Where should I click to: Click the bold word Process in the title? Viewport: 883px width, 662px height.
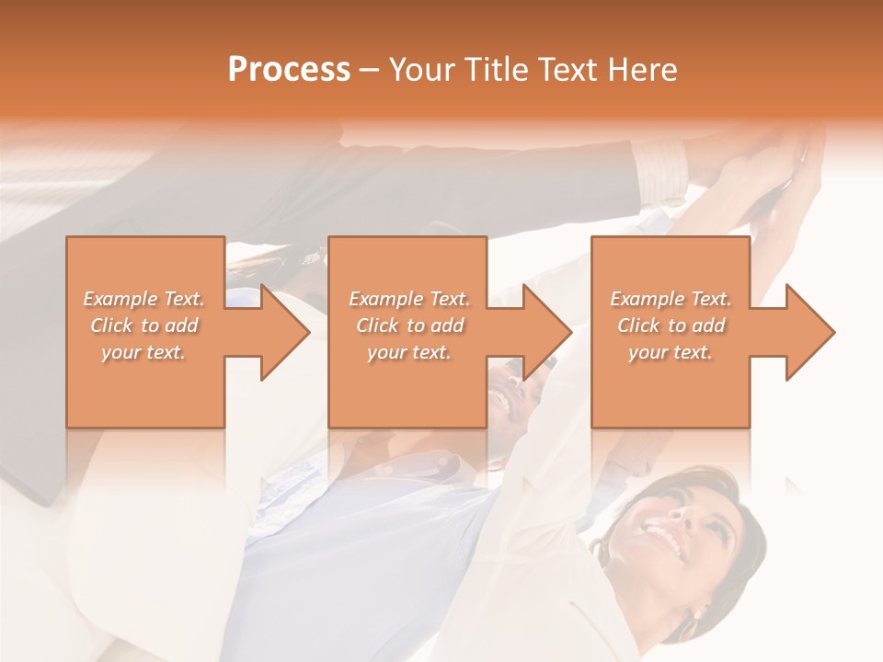tap(289, 70)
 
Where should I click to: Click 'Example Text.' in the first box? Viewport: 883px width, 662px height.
tap(144, 299)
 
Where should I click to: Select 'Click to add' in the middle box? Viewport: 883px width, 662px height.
tap(409, 325)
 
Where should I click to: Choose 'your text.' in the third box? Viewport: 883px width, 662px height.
tap(670, 352)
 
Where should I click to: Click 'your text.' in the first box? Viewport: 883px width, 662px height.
tap(143, 352)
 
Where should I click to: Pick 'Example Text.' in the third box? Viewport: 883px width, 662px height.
tap(671, 299)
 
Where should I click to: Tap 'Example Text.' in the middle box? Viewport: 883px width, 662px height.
tap(409, 299)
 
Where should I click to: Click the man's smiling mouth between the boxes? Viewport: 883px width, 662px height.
tap(501, 399)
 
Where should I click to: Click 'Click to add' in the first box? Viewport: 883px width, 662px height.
tap(144, 325)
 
